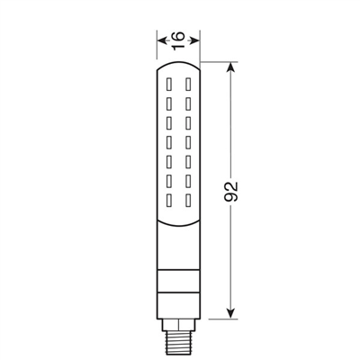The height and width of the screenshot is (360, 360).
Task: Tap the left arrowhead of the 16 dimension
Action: pyautogui.click(x=160, y=40)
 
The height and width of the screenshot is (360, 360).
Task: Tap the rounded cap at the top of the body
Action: pyautogui.click(x=177, y=66)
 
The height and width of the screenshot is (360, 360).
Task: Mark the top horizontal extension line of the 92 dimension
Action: pyautogui.click(x=220, y=61)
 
